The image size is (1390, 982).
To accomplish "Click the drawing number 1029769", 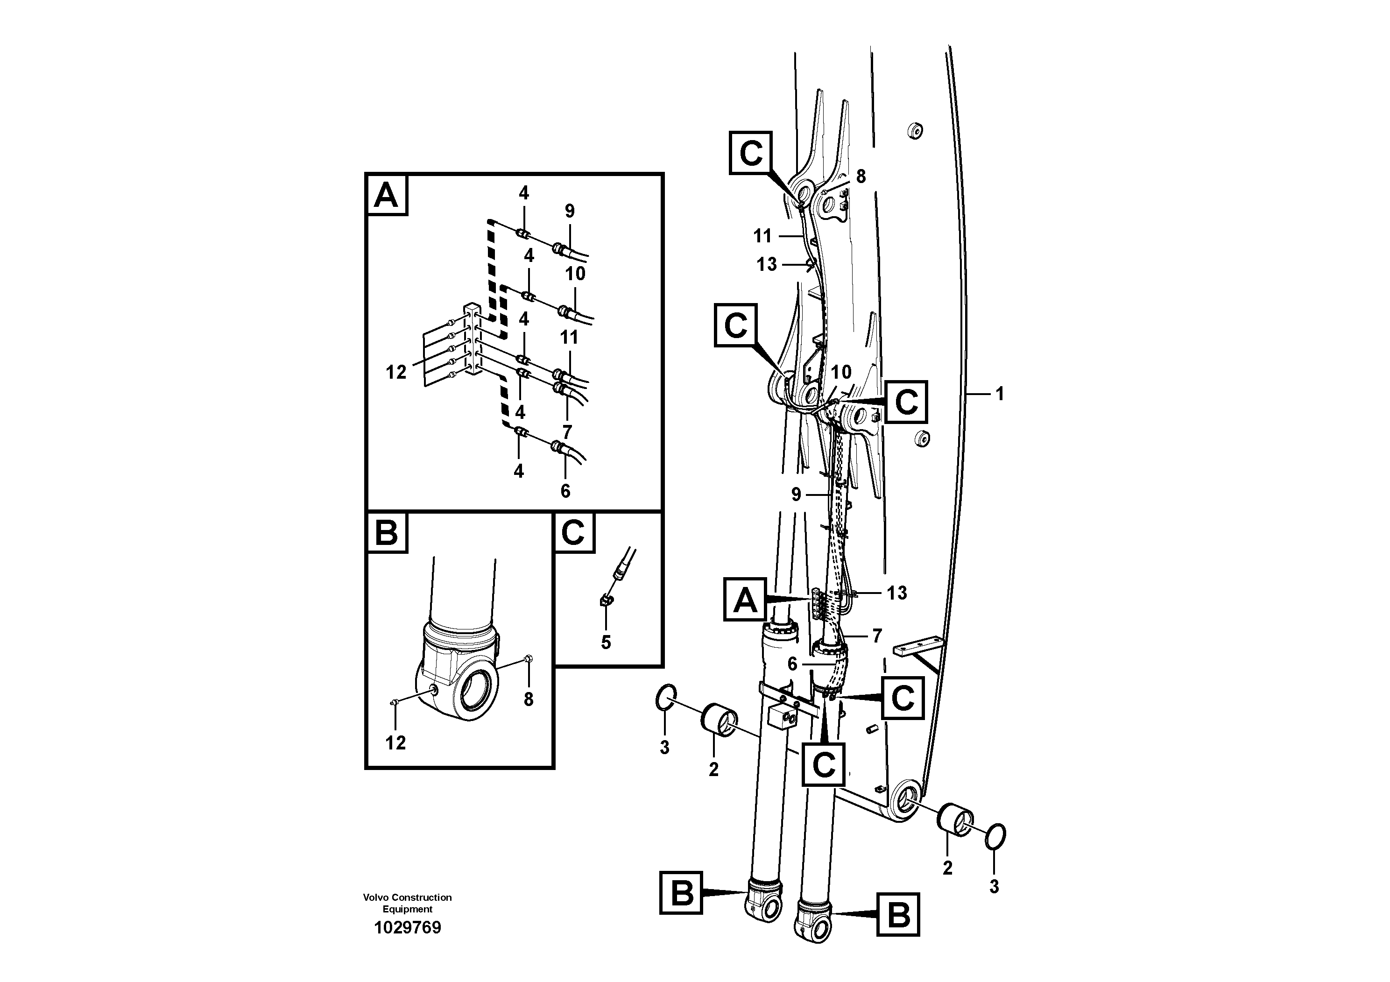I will [408, 927].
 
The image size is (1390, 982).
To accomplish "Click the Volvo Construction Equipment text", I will [408, 903].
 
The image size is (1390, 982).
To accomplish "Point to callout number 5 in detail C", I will [606, 643].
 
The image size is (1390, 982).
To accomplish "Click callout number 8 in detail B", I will [529, 699].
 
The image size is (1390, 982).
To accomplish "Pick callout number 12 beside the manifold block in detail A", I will [396, 372].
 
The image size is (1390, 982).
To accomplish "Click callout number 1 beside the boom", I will [1000, 394].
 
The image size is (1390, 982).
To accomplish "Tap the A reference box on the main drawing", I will [745, 600].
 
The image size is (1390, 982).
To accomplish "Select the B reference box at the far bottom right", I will [898, 914].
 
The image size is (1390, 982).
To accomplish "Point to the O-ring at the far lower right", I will [996, 837].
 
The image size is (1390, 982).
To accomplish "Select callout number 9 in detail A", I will [569, 211].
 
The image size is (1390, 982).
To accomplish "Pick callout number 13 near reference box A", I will [896, 593].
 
